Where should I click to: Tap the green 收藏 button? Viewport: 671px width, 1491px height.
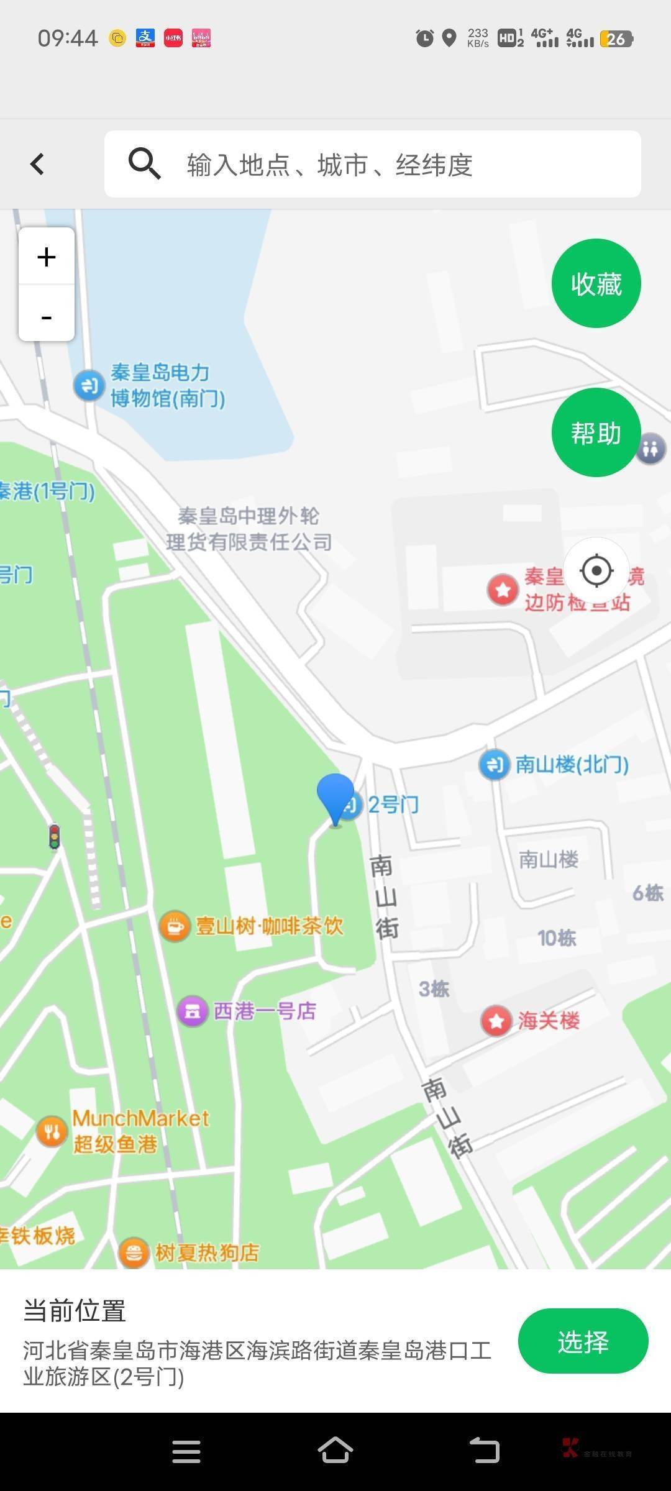click(x=596, y=283)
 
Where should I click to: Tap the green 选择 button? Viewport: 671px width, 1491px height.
click(x=583, y=1341)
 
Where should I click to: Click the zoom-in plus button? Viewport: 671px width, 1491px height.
click(x=47, y=257)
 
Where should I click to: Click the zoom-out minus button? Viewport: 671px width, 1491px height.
click(x=47, y=317)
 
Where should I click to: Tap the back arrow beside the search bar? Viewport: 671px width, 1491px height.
click(x=38, y=164)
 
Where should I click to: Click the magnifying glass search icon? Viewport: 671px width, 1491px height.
click(x=144, y=164)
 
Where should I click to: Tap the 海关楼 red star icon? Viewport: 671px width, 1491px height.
click(x=496, y=1021)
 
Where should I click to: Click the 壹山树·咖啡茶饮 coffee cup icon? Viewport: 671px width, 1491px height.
click(x=175, y=926)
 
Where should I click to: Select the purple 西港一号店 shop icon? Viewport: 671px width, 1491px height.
click(x=193, y=1011)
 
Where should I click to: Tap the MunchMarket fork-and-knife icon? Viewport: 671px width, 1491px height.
click(x=52, y=1131)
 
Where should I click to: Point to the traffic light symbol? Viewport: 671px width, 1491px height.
click(x=55, y=836)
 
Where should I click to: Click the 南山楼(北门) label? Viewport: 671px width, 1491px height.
click(x=572, y=764)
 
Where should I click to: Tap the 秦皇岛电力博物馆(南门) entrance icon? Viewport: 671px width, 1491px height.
click(x=89, y=385)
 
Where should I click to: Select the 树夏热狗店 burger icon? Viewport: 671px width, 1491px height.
click(x=134, y=1252)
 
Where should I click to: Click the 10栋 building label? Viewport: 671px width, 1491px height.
click(x=557, y=938)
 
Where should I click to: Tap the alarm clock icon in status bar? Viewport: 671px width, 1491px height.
click(x=424, y=39)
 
